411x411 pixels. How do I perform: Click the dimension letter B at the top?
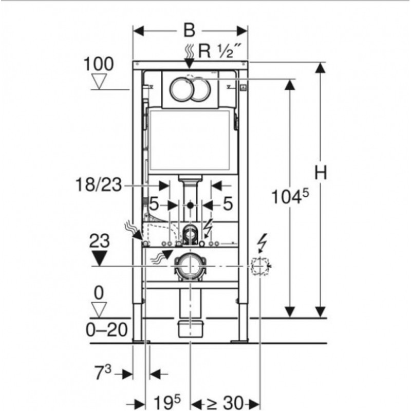point(190,30)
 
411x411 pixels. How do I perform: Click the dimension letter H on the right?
point(321,174)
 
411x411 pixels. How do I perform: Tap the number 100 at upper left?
point(99,64)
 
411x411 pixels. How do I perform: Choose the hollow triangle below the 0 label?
point(98,309)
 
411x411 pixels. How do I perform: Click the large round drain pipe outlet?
point(190,266)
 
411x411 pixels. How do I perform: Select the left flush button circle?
point(180,90)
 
